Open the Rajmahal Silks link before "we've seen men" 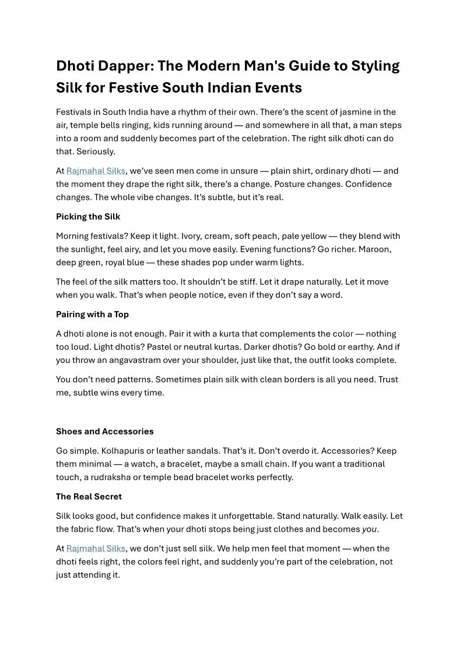96,171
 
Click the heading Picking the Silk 88,217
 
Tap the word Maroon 373,249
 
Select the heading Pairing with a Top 92,314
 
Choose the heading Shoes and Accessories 105,432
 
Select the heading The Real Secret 89,497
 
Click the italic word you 370,529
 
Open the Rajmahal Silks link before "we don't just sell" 96,549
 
